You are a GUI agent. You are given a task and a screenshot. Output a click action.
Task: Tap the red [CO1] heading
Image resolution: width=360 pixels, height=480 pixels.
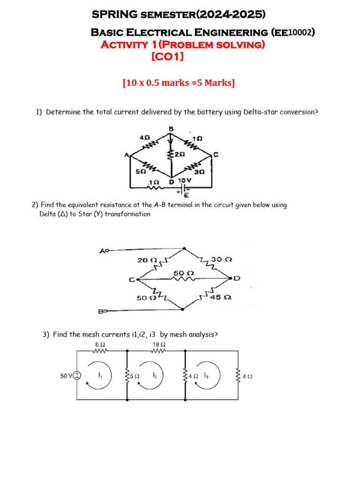[x=167, y=57]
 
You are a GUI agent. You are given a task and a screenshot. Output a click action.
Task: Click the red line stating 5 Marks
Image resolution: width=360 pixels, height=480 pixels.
[x=179, y=83]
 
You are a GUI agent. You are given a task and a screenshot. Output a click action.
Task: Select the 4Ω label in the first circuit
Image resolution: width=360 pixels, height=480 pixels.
[x=144, y=138]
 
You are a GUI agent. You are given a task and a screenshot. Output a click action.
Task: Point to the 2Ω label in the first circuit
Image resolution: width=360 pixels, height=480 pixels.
[x=180, y=154]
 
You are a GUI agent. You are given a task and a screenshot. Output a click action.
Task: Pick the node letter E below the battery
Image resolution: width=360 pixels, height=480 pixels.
[x=186, y=195]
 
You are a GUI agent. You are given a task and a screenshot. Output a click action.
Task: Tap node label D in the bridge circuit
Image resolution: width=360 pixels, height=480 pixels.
[x=237, y=279]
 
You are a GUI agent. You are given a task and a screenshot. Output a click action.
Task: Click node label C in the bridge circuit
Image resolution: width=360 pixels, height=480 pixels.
[x=132, y=280]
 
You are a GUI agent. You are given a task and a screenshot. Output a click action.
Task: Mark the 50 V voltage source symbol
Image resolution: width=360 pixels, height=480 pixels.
[x=77, y=375]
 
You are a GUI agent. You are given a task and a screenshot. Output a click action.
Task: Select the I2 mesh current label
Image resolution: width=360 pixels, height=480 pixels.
[x=155, y=375]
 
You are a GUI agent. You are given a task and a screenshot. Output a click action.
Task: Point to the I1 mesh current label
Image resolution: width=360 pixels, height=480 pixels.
[x=100, y=375]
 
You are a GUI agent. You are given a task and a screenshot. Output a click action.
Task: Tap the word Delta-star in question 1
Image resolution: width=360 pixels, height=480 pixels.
[x=261, y=112]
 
